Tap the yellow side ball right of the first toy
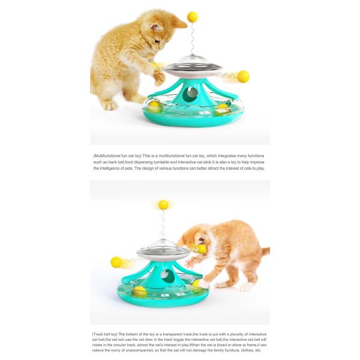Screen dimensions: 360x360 pos(243,77)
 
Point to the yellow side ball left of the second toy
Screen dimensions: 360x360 pos(116,262)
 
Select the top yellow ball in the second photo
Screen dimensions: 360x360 pos(163,205)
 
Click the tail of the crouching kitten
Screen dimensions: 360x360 pos(263,251)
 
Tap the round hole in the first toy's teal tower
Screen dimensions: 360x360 pos(190,94)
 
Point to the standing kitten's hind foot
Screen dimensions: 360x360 pos(109,106)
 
